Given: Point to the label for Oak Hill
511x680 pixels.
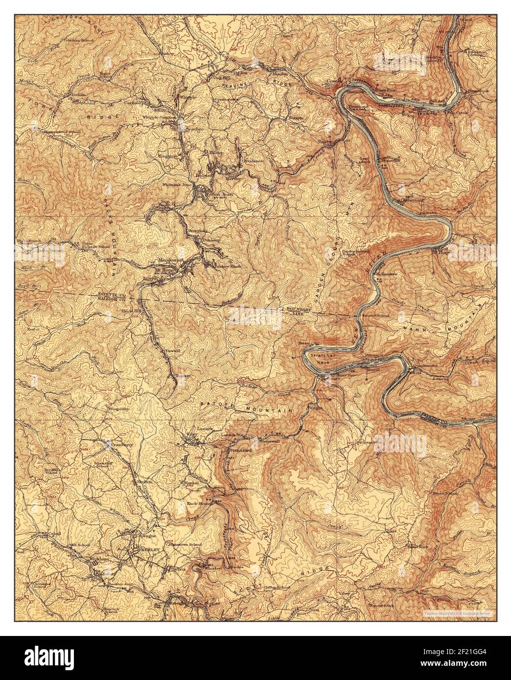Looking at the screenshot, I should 221,77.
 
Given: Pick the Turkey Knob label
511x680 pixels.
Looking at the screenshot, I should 228,266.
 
